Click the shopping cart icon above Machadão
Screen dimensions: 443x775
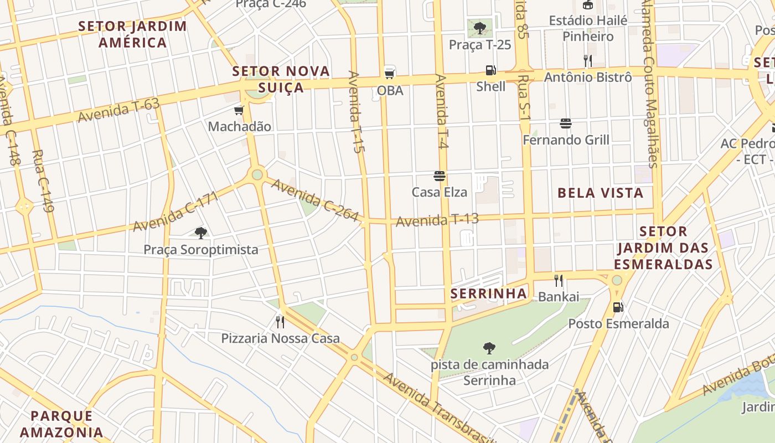(239, 111)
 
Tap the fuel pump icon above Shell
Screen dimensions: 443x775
(490, 70)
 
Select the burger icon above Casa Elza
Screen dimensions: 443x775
(440, 176)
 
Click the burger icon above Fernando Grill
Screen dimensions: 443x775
(565, 123)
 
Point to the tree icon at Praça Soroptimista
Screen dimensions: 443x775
(201, 233)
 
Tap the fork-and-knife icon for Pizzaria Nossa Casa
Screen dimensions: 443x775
(280, 322)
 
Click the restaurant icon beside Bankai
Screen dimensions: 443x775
(559, 281)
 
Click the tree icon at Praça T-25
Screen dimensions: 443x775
(479, 28)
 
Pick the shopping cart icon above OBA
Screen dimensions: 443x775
(390, 73)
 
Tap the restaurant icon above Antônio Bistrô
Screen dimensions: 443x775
(587, 60)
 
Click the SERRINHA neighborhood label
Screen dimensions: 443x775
(489, 293)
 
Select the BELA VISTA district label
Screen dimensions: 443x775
(600, 193)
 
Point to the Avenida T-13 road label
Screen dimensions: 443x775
(437, 220)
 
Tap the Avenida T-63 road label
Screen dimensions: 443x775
(118, 110)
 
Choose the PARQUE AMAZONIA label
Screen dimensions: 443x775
(66, 424)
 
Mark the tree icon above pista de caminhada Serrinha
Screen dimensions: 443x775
(489, 348)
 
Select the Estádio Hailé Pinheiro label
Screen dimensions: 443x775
(588, 28)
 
